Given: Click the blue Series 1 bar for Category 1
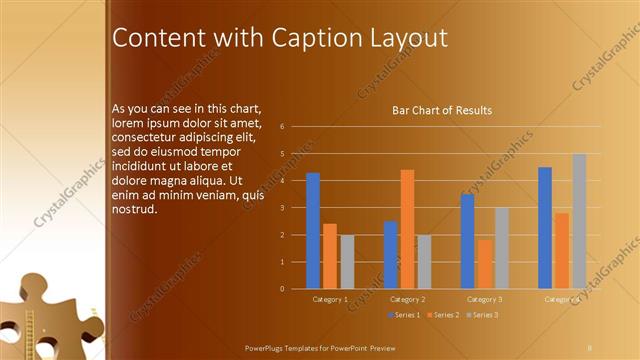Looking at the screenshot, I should (x=313, y=231).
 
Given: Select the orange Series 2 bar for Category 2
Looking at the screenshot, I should (x=407, y=229).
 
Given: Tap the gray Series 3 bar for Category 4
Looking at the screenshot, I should (x=579, y=221).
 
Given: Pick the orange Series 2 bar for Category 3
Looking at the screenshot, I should (x=485, y=264).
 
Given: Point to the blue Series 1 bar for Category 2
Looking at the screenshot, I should (x=391, y=255).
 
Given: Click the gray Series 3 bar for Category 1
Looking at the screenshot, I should (x=347, y=262).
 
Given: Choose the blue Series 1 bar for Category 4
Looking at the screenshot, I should (x=545, y=228).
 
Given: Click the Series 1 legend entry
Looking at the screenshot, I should (x=403, y=315).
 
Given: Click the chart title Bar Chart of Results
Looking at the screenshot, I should (x=441, y=110).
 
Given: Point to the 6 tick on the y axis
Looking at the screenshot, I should (x=283, y=127).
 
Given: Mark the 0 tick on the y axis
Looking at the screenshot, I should (x=283, y=289).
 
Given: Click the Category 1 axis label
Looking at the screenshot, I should (x=330, y=299).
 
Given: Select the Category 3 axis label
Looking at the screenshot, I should (x=485, y=299).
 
